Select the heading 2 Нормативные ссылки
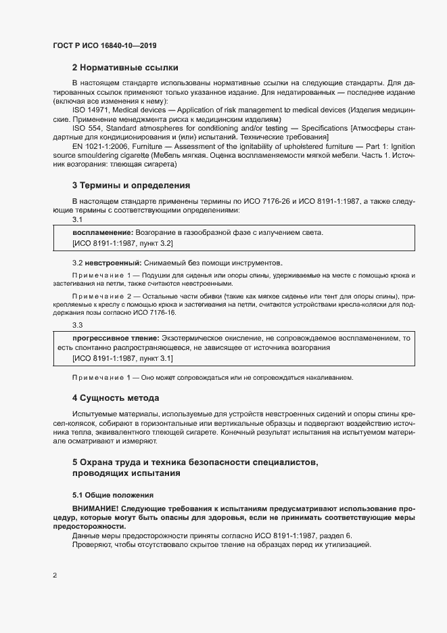[x=125, y=68]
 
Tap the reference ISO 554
[x=85, y=127]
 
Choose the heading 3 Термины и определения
[x=131, y=185]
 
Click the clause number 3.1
[x=77, y=219]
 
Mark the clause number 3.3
[x=77, y=326]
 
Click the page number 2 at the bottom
[x=54, y=575]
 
